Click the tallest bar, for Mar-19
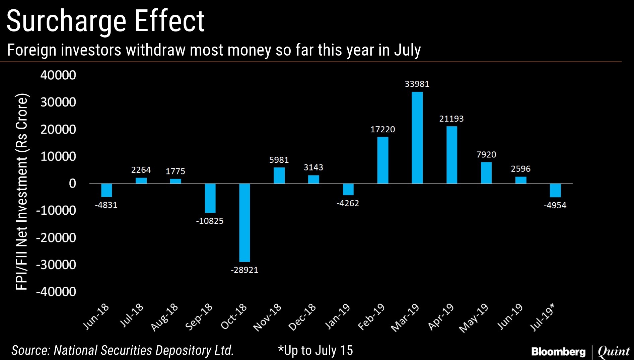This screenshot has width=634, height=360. [417, 138]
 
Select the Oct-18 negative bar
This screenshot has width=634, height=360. [244, 222]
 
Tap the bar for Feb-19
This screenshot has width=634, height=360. [383, 160]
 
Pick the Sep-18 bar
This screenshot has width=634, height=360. [210, 198]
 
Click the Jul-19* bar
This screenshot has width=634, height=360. [555, 190]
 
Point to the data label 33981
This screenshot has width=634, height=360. [417, 84]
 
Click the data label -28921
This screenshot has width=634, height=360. [244, 270]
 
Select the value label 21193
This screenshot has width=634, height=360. [451, 119]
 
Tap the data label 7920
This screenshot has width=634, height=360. [486, 155]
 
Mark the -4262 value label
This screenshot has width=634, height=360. [348, 203]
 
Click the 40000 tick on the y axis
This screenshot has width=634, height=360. [58, 75]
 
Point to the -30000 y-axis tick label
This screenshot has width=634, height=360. [56, 265]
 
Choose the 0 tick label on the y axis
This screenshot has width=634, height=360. [72, 184]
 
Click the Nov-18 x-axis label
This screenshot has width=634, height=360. [268, 317]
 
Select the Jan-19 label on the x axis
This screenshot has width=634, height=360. [338, 316]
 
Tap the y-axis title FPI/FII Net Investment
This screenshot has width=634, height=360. [21, 191]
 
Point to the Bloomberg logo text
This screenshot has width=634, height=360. [558, 352]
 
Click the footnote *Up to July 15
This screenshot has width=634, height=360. [315, 351]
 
